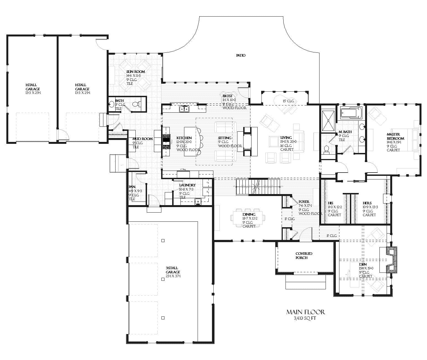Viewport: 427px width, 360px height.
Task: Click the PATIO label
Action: click(240, 55)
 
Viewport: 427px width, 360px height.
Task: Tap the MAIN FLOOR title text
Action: click(305, 312)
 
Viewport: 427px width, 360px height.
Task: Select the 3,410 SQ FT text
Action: click(305, 318)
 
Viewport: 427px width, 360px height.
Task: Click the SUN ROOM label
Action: click(135, 72)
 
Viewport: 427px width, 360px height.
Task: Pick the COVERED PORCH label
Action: click(304, 256)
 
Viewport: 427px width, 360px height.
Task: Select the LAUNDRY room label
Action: click(187, 185)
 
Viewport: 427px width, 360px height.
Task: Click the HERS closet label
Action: click(367, 203)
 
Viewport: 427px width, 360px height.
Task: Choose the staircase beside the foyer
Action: click(258, 187)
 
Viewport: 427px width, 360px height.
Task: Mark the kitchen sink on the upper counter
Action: click(184, 109)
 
